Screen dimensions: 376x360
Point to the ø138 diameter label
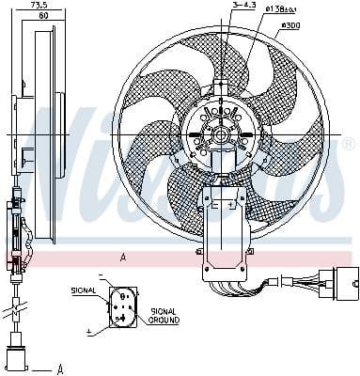point(280,8)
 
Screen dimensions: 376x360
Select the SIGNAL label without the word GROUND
point(84,292)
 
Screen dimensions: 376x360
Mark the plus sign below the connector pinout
point(89,331)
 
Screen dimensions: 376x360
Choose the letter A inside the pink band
point(122,256)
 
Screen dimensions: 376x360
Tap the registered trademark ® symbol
point(348,144)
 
